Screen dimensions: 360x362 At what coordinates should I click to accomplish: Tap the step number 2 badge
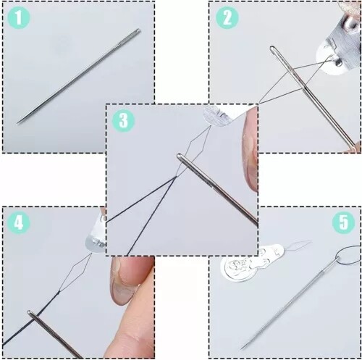(x=226, y=18)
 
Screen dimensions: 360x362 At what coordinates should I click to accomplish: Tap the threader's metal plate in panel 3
(x=217, y=114)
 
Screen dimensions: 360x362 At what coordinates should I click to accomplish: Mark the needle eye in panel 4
(x=33, y=315)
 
